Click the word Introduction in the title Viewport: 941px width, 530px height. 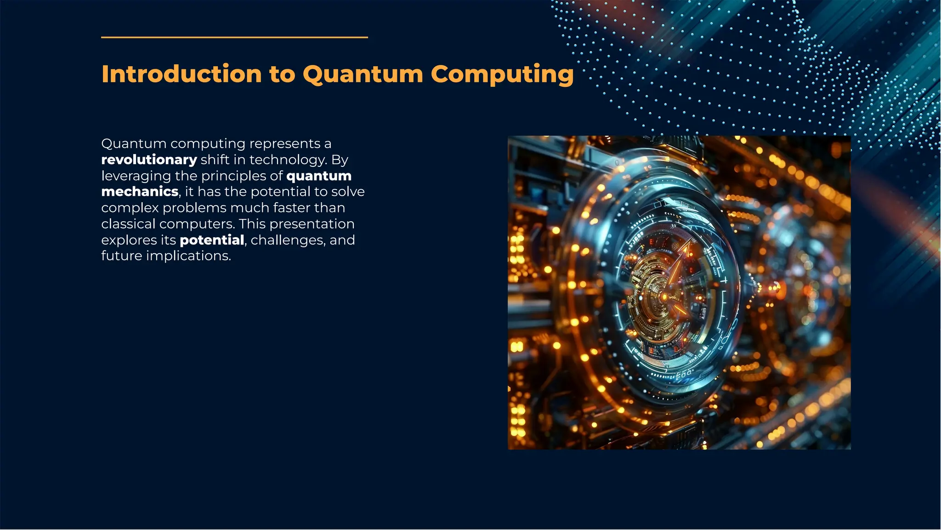181,74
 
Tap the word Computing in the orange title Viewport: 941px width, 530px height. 502,74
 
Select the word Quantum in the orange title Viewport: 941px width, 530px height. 363,74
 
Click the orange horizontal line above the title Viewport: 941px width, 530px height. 234,37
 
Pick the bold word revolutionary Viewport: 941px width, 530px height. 149,160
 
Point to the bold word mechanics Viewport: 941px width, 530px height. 140,191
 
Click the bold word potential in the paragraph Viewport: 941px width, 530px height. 212,240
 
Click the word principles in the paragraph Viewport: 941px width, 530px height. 234,176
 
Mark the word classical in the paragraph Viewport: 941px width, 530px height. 128,224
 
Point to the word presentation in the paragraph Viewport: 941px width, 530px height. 312,224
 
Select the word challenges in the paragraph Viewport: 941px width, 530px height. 288,240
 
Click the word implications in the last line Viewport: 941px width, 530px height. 188,256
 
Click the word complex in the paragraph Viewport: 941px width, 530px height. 130,208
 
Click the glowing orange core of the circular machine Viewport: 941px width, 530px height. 663,296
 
